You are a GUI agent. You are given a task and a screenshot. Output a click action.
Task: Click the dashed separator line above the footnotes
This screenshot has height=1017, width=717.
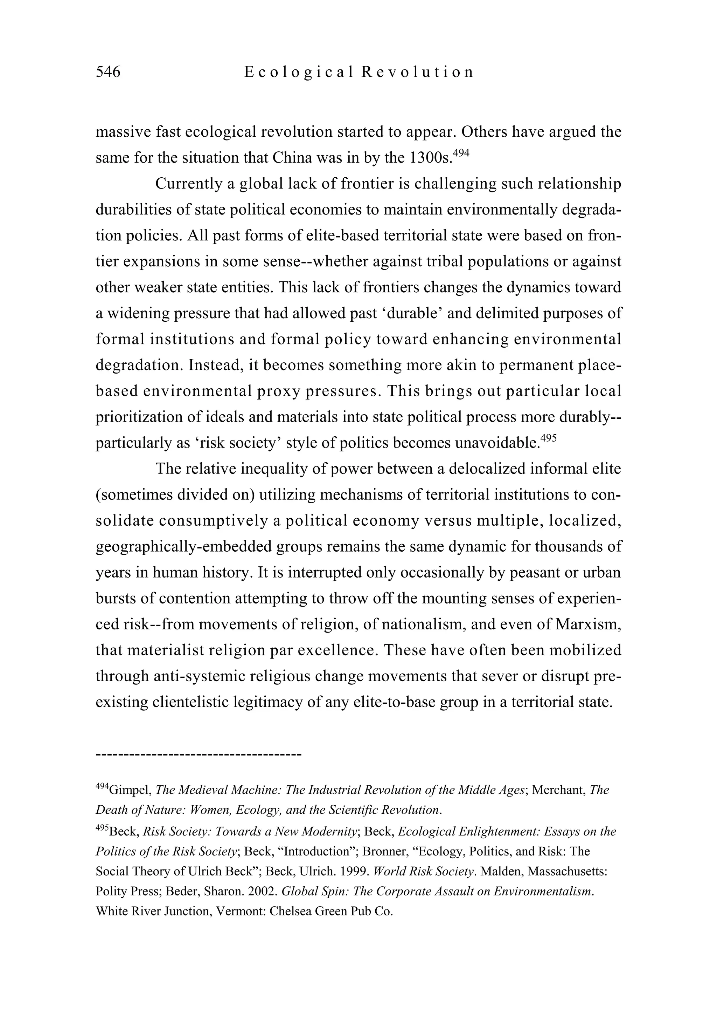click(x=198, y=753)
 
